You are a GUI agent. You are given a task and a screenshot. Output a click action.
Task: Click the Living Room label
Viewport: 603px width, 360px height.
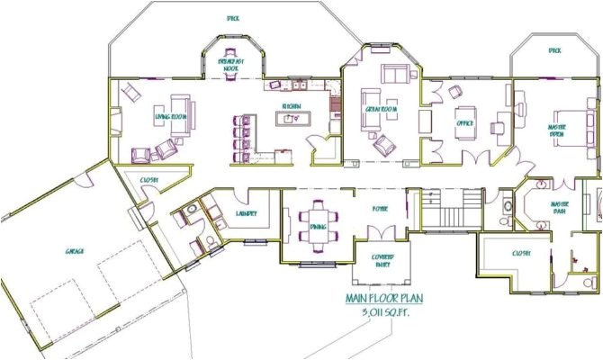(x=169, y=117)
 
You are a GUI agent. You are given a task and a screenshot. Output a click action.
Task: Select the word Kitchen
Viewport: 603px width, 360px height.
(x=291, y=106)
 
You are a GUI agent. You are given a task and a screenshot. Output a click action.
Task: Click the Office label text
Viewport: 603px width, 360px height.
(x=465, y=123)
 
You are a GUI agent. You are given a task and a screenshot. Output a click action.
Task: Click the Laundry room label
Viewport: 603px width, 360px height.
(x=247, y=213)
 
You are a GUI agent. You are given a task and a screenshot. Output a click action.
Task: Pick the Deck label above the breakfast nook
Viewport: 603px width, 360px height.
(x=231, y=17)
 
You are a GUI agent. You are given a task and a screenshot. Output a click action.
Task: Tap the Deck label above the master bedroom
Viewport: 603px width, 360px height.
(x=554, y=50)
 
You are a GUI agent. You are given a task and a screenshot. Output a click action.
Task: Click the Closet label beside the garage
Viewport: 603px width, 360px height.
(x=149, y=180)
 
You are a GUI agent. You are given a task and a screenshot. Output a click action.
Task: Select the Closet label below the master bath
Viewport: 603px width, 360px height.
(x=521, y=253)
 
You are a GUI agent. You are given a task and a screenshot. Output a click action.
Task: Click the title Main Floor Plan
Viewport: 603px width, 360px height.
(x=385, y=300)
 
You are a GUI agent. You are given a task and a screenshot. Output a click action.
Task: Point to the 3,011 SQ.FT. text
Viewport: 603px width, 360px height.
(x=385, y=313)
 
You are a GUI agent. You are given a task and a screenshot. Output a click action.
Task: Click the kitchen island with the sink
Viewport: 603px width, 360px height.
(x=290, y=121)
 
